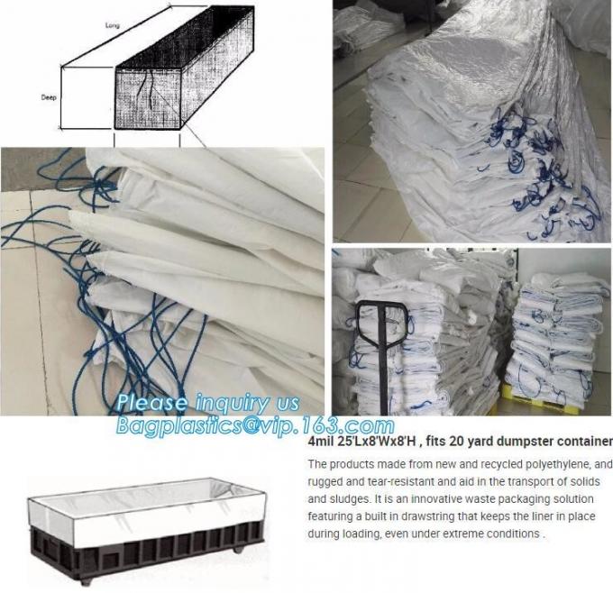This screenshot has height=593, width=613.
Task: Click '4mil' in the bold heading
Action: tap(322, 442)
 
